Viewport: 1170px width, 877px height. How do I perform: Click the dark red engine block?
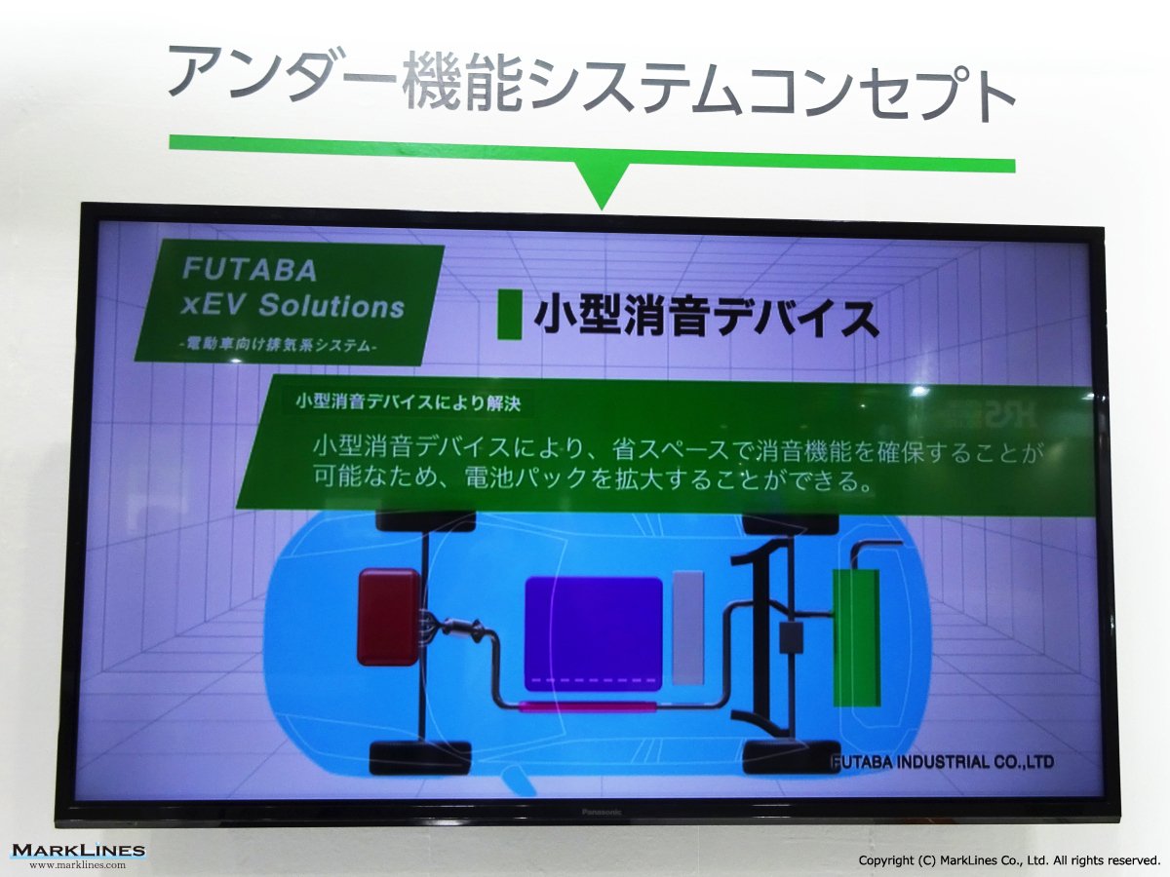pyautogui.click(x=389, y=617)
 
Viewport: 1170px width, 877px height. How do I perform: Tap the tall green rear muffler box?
pyautogui.click(x=855, y=637)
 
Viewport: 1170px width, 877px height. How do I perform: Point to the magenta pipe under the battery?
pyautogui.click(x=587, y=706)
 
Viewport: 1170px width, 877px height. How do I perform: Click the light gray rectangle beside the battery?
pyautogui.click(x=687, y=628)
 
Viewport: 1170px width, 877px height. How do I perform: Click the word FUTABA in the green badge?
pyautogui.click(x=250, y=270)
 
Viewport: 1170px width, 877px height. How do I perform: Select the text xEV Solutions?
pyautogui.click(x=292, y=306)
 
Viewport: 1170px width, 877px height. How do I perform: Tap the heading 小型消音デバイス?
pyautogui.click(x=706, y=317)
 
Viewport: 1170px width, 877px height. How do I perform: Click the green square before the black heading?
pyautogui.click(x=509, y=314)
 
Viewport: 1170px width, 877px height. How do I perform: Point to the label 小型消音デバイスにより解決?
pyautogui.click(x=408, y=402)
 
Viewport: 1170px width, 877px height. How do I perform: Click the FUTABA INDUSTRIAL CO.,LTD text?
pyautogui.click(x=943, y=762)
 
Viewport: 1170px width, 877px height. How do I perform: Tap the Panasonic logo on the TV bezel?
pyautogui.click(x=602, y=812)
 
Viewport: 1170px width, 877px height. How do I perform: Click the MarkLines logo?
pyautogui.click(x=78, y=851)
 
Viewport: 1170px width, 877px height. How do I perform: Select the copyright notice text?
pyautogui.click(x=1009, y=860)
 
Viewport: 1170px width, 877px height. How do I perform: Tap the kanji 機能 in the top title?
pyautogui.click(x=461, y=82)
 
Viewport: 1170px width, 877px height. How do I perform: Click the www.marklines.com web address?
pyautogui.click(x=78, y=864)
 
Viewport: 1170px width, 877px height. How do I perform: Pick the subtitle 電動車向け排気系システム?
pyautogui.click(x=278, y=346)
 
